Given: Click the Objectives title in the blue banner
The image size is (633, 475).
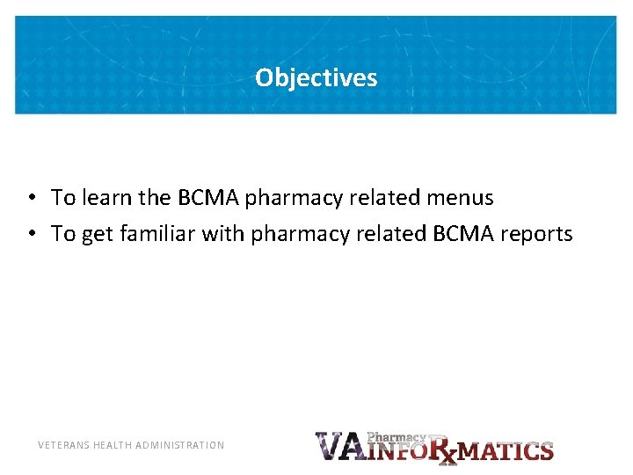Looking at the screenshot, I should (x=316, y=78).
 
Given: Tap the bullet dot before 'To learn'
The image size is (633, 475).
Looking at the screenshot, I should (x=30, y=198).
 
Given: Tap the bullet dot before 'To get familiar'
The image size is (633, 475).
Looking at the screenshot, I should (x=30, y=234).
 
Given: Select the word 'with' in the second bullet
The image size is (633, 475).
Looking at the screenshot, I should (x=226, y=234).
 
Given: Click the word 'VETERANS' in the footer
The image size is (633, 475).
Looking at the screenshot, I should (x=64, y=445).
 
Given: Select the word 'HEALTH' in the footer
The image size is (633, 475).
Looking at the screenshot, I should (x=113, y=445).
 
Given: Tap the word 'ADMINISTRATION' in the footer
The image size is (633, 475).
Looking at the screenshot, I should (x=180, y=445).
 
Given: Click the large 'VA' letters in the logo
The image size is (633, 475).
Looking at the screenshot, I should (x=339, y=447).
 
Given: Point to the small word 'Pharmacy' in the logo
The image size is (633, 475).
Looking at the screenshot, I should (x=397, y=436).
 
